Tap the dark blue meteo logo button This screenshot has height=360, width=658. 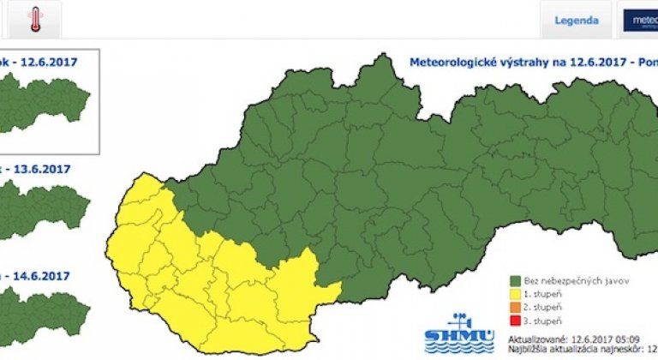[640, 19]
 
